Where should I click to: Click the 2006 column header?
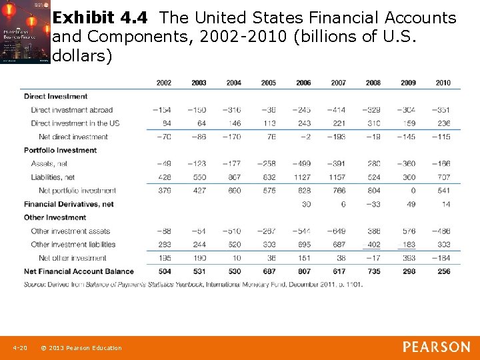303,83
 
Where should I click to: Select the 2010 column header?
443,83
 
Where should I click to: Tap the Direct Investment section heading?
56,96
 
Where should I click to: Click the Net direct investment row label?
73,137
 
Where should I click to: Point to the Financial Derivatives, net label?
69,204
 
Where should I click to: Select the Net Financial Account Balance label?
79,271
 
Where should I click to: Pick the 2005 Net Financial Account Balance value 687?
269,271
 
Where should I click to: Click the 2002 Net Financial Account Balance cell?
164,271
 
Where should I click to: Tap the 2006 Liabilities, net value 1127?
303,177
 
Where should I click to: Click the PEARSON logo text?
436,347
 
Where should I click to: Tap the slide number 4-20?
20,348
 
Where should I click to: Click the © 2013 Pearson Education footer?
81,348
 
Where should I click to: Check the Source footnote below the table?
193,284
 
